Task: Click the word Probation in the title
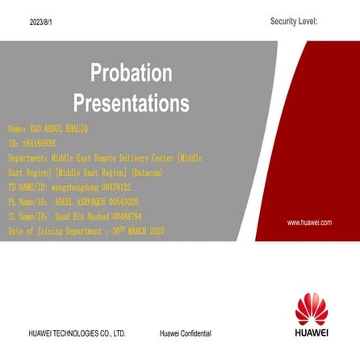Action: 131,73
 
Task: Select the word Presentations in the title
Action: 131,103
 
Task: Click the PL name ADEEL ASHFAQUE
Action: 79,202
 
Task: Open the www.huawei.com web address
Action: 309,222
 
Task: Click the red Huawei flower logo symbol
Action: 311,308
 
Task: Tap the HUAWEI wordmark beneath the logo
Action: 311,331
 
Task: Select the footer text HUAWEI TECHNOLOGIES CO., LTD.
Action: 77,333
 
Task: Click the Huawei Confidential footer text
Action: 185,333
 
